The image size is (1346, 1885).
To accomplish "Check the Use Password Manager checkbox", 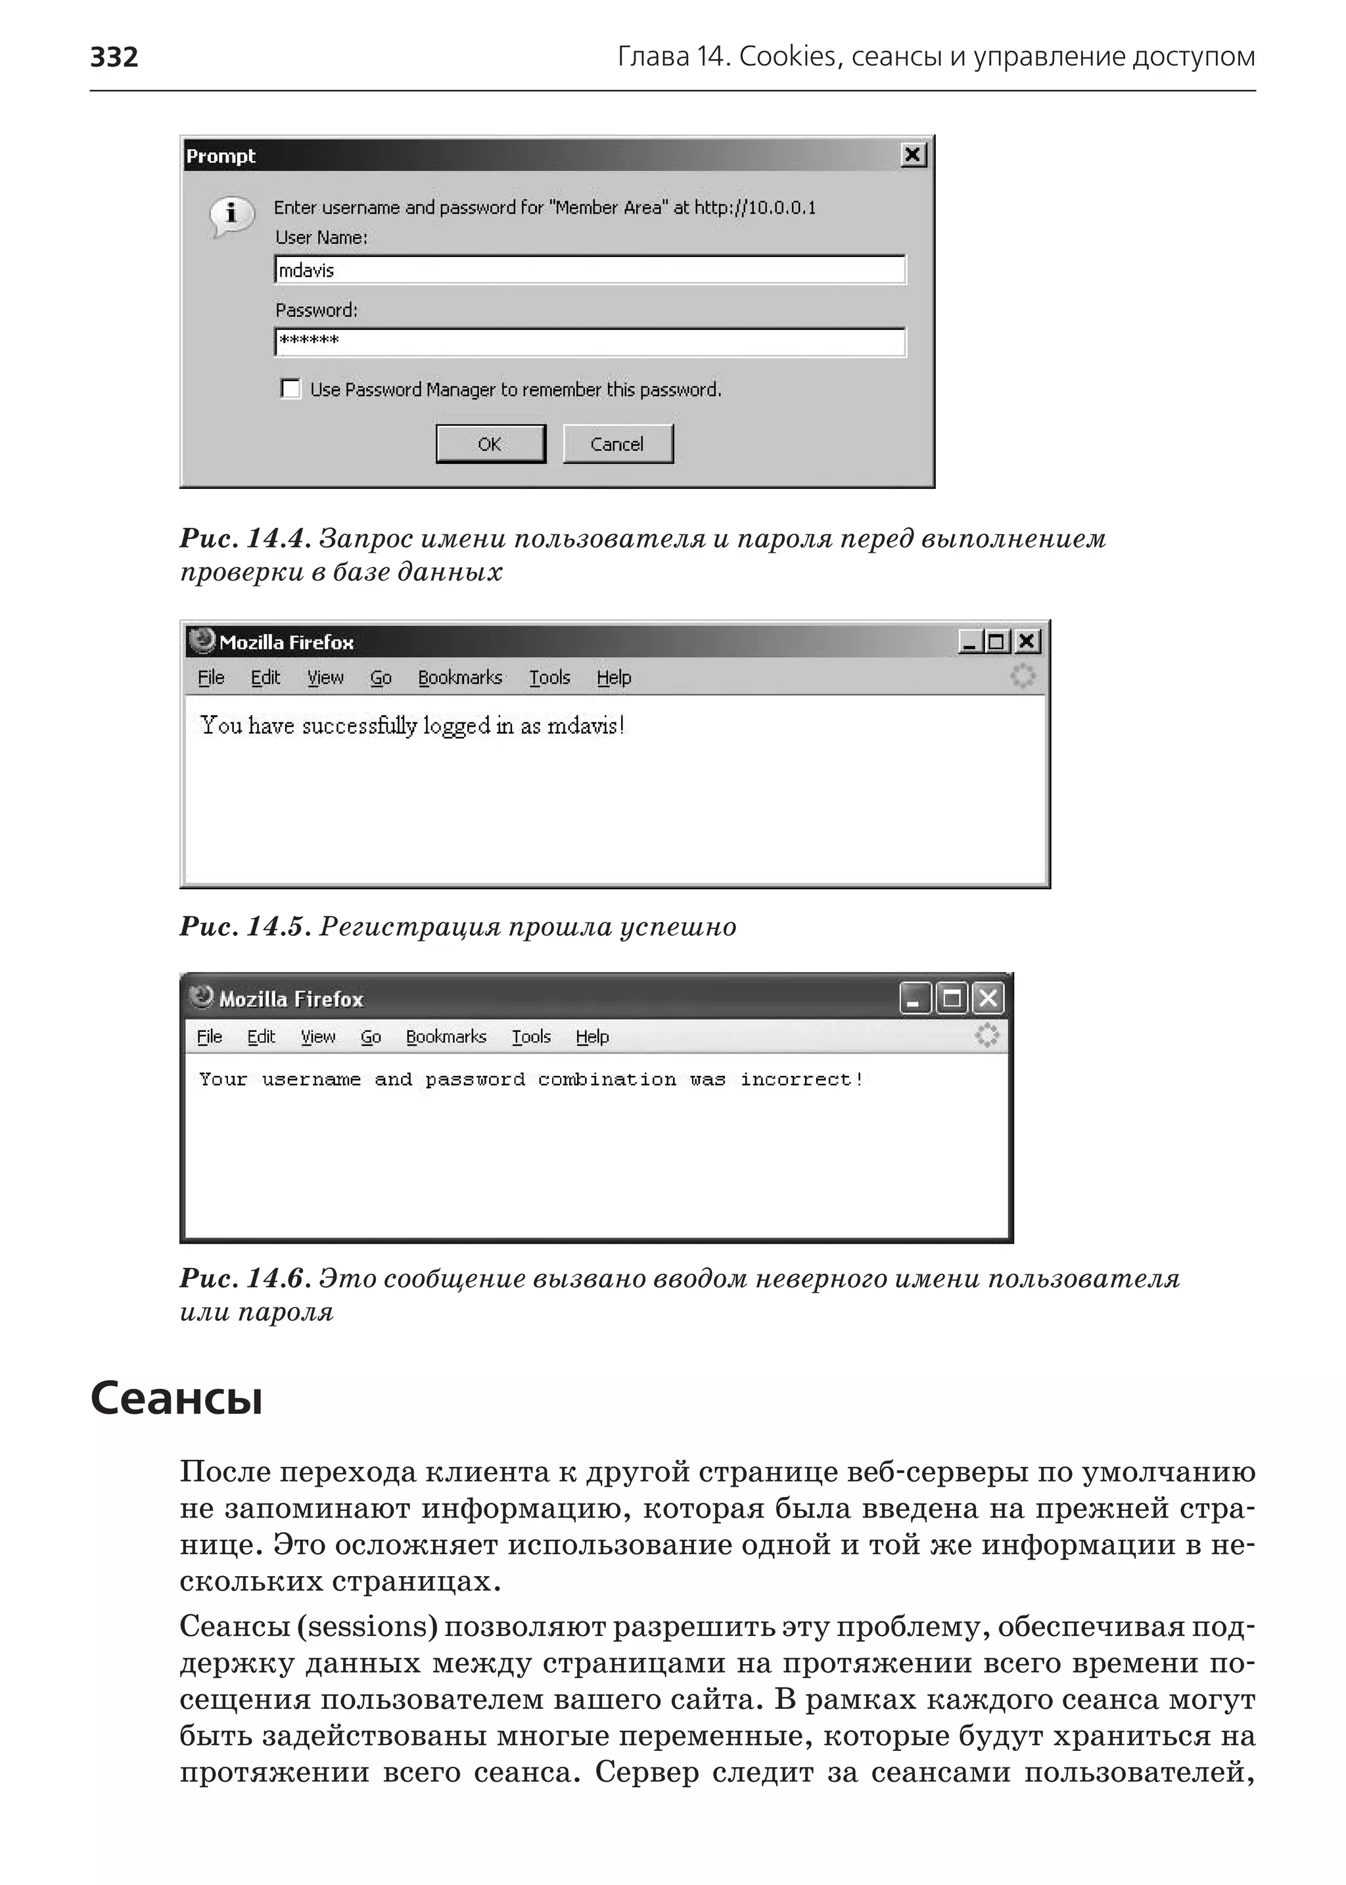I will pyautogui.click(x=290, y=389).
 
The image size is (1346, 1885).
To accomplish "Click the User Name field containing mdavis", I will pyautogui.click(x=590, y=270).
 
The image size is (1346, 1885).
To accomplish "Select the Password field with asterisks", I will pyautogui.click(x=590, y=342).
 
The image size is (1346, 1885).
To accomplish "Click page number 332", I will pyautogui.click(x=114, y=57).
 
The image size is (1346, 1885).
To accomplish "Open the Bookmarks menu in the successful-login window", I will pyautogui.click(x=460, y=678).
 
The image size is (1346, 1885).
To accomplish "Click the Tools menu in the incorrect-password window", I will pyautogui.click(x=530, y=1037).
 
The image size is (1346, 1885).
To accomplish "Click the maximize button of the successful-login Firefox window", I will pyautogui.click(x=996, y=641).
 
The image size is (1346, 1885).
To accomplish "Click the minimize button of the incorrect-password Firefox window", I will pyautogui.click(x=914, y=999).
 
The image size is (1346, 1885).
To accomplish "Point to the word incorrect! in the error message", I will pyautogui.click(x=801, y=1079).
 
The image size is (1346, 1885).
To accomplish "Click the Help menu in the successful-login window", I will pyautogui.click(x=613, y=678).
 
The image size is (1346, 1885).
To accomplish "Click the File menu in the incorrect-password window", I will pyautogui.click(x=210, y=1037).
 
